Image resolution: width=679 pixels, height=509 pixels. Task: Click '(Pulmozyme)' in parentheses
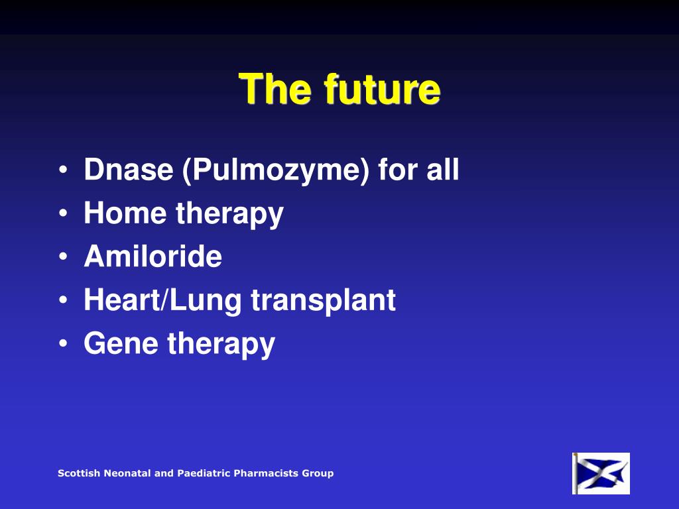[x=275, y=171]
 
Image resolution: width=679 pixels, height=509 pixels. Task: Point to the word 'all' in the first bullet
[x=442, y=170]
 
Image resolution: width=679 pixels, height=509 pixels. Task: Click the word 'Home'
[x=124, y=213]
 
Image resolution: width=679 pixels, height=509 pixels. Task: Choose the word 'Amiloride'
[x=153, y=256]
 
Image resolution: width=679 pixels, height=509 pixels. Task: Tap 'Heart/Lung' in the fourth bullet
[x=162, y=301]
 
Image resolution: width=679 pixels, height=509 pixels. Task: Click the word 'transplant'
[x=323, y=301]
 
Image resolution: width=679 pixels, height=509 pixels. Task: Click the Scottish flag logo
[x=601, y=473]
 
